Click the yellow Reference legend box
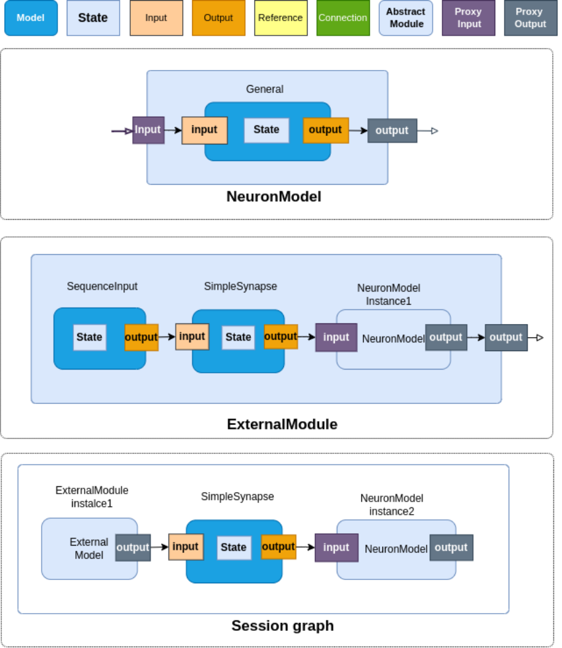(x=281, y=18)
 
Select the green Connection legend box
(x=343, y=18)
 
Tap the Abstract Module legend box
(x=405, y=18)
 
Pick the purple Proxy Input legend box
(x=468, y=18)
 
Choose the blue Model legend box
(x=31, y=18)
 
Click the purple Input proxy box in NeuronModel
(x=148, y=130)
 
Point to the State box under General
(x=266, y=130)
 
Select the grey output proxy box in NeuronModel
(x=392, y=131)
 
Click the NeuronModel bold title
(x=274, y=196)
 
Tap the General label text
(x=265, y=89)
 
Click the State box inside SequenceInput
(x=89, y=337)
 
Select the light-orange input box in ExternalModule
(x=192, y=337)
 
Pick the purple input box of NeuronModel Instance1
(x=336, y=338)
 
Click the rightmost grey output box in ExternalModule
(x=506, y=338)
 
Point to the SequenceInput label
(x=102, y=286)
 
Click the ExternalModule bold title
(x=282, y=424)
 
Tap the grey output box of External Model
(x=133, y=548)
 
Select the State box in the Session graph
(x=234, y=548)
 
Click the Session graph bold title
(x=283, y=626)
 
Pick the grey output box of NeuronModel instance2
(x=451, y=548)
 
